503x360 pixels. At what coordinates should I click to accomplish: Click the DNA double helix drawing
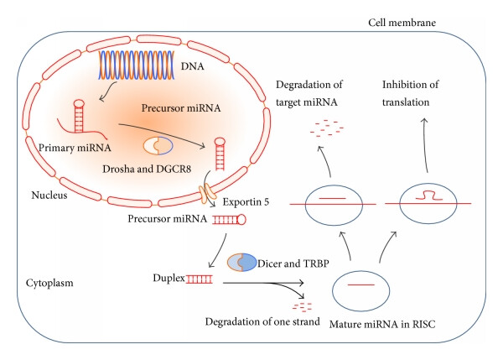[x=137, y=65]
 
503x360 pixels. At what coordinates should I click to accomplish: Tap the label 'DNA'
[x=193, y=66]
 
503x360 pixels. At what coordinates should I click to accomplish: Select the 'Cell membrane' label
[x=402, y=23]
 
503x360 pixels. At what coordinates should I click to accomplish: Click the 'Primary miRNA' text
[x=75, y=148]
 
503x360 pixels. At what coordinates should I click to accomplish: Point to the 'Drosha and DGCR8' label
[x=147, y=169]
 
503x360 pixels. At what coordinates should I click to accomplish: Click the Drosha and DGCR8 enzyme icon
[x=158, y=146]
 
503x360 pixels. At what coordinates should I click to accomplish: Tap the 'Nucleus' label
[x=49, y=195]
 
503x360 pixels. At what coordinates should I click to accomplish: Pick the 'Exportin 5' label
[x=246, y=202]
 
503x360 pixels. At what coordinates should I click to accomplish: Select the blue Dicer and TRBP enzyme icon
[x=242, y=262]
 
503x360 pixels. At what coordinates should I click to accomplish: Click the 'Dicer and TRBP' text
[x=293, y=263]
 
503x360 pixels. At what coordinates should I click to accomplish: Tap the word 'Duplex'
[x=169, y=278]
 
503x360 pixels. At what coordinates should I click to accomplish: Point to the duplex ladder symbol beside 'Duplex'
[x=200, y=279]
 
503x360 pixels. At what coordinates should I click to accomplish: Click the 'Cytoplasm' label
[x=49, y=283]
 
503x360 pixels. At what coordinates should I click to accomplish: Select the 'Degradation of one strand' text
[x=262, y=321]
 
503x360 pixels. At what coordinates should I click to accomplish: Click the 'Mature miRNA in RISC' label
[x=382, y=324]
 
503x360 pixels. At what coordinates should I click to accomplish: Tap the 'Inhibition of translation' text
[x=410, y=93]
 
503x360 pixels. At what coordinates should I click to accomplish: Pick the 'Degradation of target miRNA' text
[x=309, y=93]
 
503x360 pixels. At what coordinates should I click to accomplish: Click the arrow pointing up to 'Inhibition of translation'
[x=426, y=145]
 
